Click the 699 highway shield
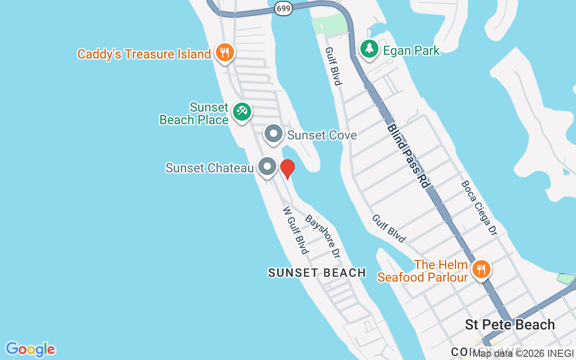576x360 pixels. point(283,8)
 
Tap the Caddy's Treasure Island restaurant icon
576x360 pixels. point(225,53)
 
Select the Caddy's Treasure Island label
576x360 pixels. point(144,54)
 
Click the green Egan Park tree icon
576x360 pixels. point(369,48)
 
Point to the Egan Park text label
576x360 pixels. point(411,50)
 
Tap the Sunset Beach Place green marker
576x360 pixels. point(242,111)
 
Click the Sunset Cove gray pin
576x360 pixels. point(273,134)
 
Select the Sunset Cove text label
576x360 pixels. point(322,135)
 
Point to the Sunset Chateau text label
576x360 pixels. point(210,168)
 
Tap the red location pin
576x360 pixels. point(287,169)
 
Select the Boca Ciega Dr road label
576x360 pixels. point(479,208)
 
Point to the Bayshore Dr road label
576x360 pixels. point(322,236)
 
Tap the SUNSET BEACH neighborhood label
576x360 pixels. point(317,273)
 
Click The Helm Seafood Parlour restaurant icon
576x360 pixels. point(481,270)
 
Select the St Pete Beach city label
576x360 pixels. point(510,325)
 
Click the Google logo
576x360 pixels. point(31,349)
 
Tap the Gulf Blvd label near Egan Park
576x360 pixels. point(334,66)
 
